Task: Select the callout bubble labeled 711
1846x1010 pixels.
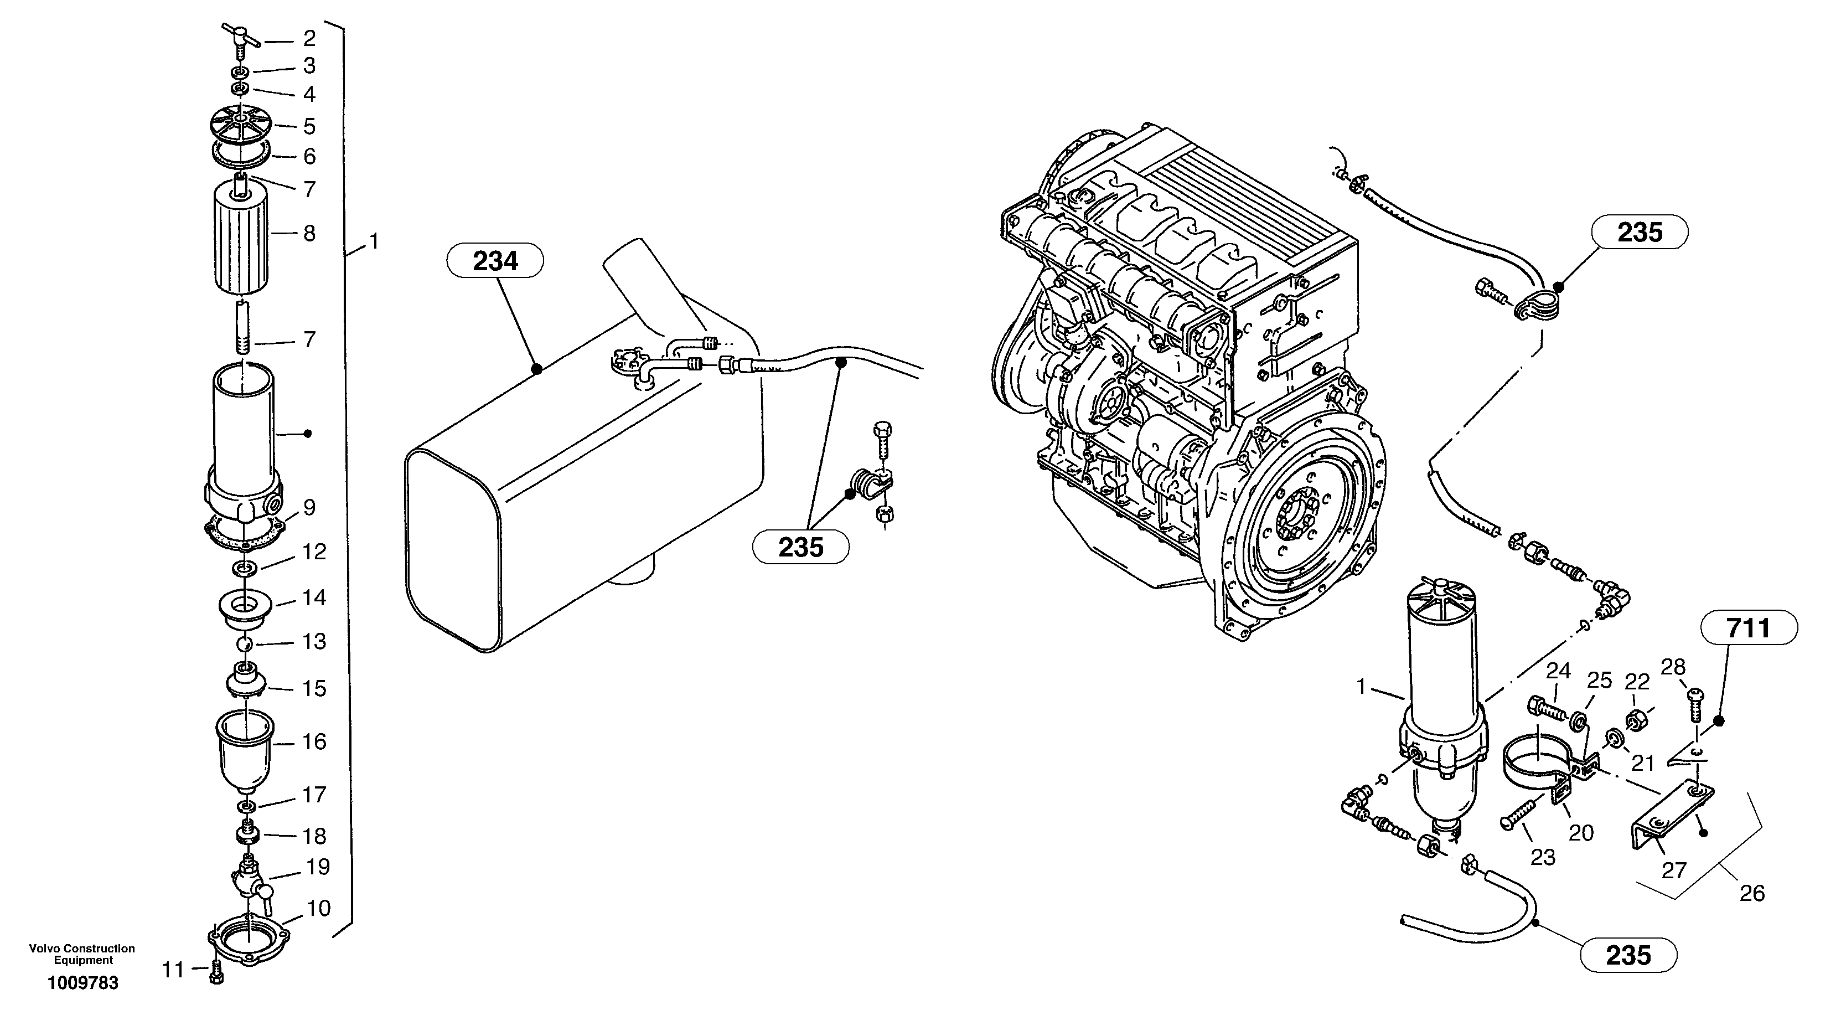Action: (x=1749, y=628)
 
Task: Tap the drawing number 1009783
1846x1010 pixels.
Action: (x=83, y=983)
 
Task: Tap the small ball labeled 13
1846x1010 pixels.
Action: (x=245, y=643)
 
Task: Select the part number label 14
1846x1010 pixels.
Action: (x=314, y=597)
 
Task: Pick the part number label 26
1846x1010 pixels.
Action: (x=1751, y=893)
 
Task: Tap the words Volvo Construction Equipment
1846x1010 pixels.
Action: (x=82, y=954)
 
